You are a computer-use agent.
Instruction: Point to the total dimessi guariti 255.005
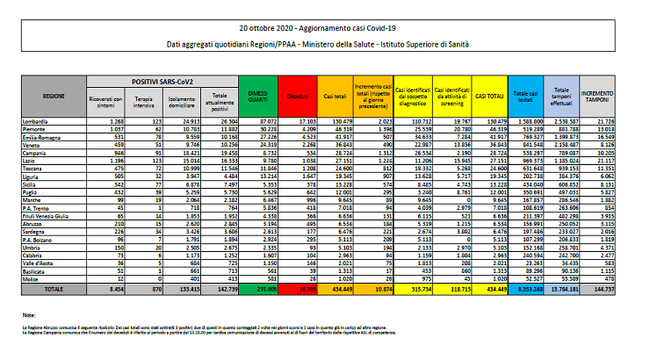click(256, 287)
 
